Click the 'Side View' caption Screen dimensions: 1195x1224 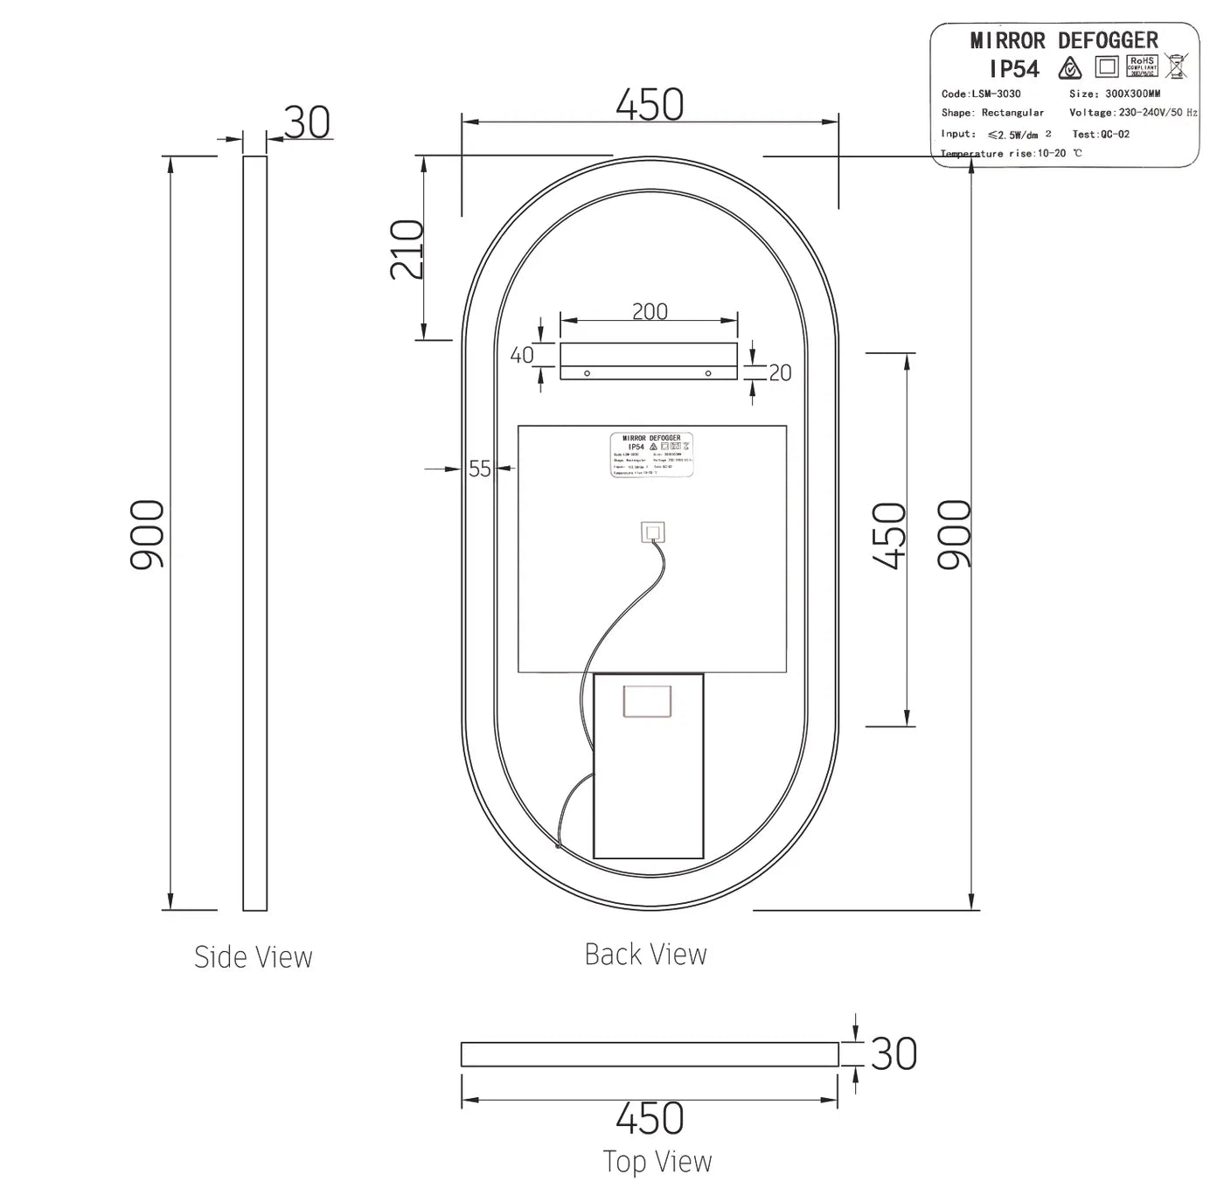tap(253, 957)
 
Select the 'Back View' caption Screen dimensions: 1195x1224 tap(645, 955)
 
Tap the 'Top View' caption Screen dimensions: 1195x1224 tap(657, 1162)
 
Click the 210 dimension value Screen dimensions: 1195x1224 tap(407, 249)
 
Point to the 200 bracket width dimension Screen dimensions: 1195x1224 tap(650, 311)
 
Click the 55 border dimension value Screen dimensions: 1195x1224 tap(480, 469)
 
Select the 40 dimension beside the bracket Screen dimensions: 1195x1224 tap(522, 355)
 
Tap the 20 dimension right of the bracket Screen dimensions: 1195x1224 tap(780, 373)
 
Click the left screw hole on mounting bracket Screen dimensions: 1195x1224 tap(588, 373)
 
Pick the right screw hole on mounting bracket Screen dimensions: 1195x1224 tap(708, 373)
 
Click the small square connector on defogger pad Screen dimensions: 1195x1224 tap(652, 532)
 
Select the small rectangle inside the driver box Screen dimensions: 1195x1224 tap(647, 702)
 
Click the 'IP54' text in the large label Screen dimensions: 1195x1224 tap(1014, 69)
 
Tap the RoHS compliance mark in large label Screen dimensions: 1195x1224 tap(1142, 66)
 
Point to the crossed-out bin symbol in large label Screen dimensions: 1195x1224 tap(1177, 66)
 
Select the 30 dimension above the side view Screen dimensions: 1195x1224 tap(307, 122)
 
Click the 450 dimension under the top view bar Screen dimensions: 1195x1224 tap(650, 1118)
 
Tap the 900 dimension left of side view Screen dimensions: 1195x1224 tap(147, 535)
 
